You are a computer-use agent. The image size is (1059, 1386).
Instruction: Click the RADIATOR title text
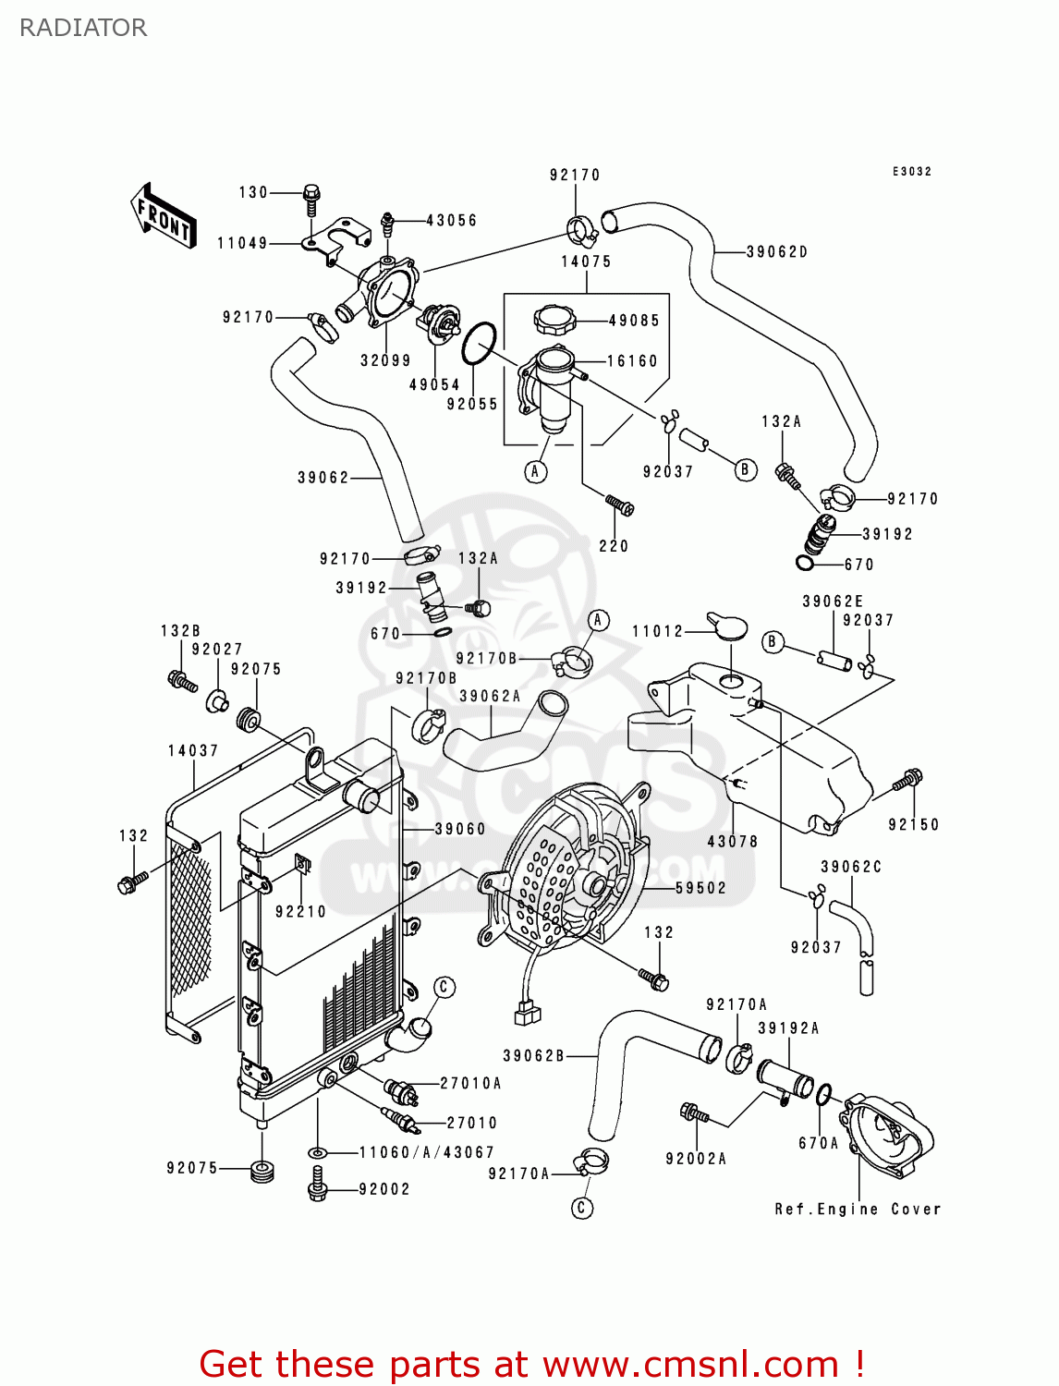click(83, 28)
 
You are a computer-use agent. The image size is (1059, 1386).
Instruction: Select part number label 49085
click(634, 321)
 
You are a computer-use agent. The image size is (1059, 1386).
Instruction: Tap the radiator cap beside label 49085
click(554, 321)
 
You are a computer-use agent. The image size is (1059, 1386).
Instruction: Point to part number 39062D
click(777, 251)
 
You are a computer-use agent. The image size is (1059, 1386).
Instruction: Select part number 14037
click(193, 751)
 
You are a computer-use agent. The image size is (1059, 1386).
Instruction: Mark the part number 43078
click(733, 842)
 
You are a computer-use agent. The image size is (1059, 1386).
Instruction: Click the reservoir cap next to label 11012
click(726, 626)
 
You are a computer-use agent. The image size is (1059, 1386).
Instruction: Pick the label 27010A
click(470, 1083)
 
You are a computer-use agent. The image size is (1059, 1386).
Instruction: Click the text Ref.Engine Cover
click(858, 1209)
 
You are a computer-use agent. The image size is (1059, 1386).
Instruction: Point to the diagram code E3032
click(912, 172)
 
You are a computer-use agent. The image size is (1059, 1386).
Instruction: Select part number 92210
click(301, 912)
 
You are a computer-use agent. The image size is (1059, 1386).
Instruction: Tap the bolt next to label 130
click(311, 198)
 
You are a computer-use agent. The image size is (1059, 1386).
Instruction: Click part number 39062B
click(533, 1055)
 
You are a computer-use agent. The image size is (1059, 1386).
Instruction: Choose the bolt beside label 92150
click(907, 781)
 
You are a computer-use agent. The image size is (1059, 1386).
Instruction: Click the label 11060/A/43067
click(426, 1152)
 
